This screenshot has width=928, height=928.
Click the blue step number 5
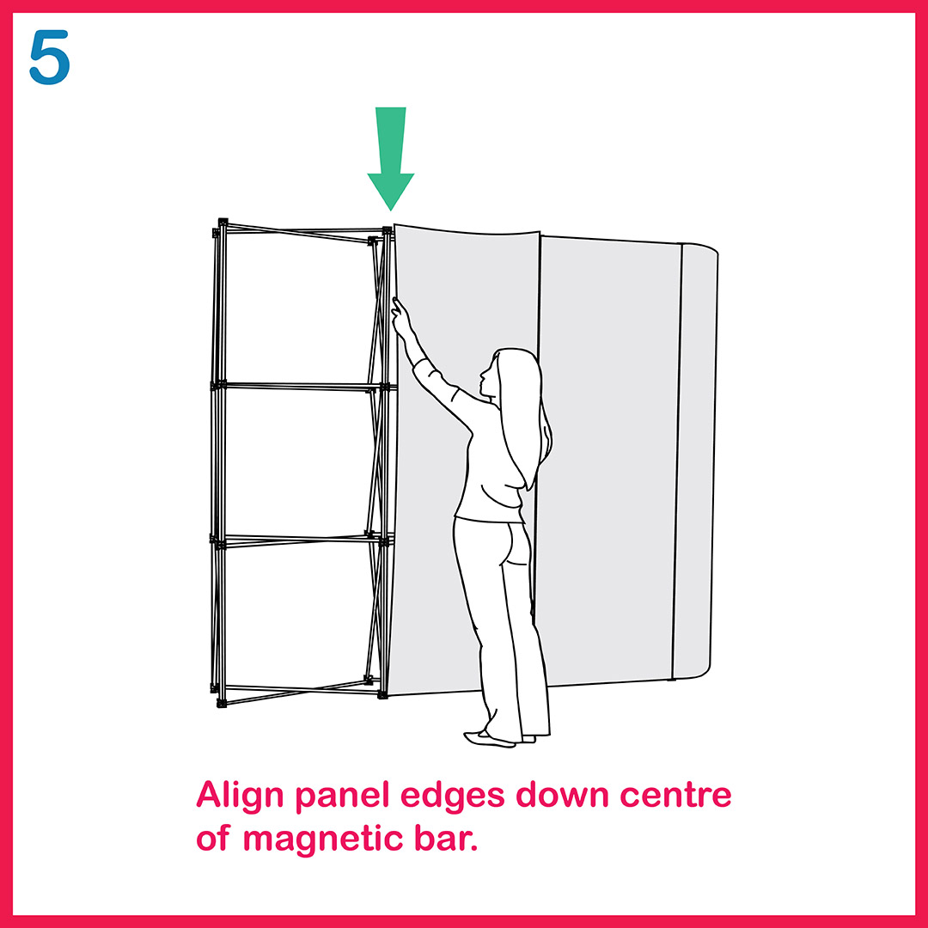pos(50,58)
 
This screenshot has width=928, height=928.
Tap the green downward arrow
pos(391,158)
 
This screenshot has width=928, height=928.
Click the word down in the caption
pos(562,795)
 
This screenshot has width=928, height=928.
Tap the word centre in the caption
pos(675,796)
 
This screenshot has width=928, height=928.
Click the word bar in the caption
pos(446,839)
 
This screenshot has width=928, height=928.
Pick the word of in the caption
pos(212,839)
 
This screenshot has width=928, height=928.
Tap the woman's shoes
pos(498,738)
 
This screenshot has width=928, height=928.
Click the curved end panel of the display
pos(696,461)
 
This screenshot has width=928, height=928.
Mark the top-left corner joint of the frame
pos(223,223)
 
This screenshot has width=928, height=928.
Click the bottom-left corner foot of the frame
pos(222,703)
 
